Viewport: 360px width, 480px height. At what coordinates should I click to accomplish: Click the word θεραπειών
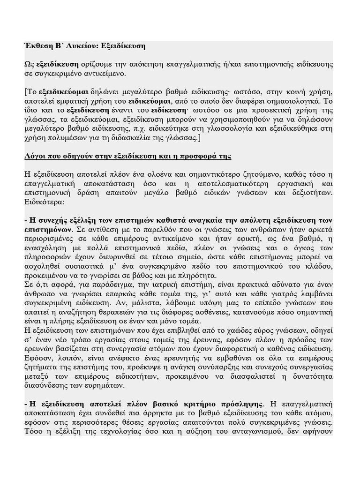[x=136, y=312]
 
